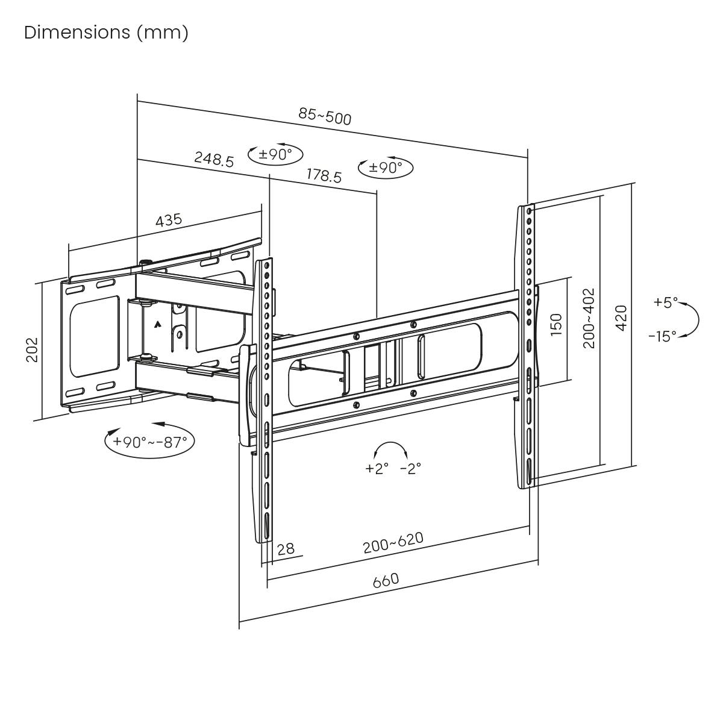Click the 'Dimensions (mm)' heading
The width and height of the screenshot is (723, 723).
[x=106, y=33]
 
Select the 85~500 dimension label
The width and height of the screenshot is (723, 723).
[x=325, y=116]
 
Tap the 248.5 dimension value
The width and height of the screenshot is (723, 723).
[x=214, y=159]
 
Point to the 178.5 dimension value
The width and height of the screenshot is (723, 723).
[x=324, y=175]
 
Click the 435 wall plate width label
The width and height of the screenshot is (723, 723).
[x=169, y=220]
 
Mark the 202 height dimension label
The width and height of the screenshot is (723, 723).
[x=31, y=349]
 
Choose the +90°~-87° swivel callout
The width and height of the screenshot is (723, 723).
[x=149, y=442]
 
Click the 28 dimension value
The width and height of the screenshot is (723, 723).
[x=286, y=548]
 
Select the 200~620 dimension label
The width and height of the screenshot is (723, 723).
[x=393, y=542]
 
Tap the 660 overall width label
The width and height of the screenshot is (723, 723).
[x=386, y=581]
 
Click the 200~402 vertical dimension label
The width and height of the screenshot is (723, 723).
[x=589, y=318]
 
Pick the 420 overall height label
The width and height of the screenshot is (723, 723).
[x=621, y=317]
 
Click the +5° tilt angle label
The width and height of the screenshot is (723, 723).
[x=666, y=302]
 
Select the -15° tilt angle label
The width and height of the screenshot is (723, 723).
[x=662, y=336]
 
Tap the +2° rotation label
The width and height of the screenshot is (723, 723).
[x=377, y=468]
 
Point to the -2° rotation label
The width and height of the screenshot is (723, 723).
[x=410, y=468]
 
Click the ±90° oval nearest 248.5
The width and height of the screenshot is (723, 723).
[x=275, y=155]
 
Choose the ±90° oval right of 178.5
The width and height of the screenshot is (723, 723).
[x=386, y=167]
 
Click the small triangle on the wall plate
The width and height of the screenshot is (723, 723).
[x=157, y=324]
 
